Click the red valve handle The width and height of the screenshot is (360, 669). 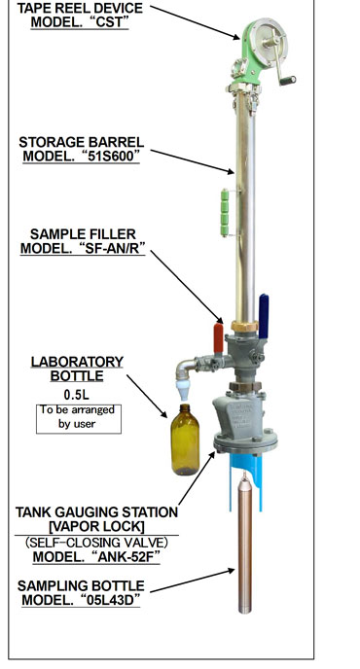point(218,338)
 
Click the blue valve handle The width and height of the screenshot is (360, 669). point(264,316)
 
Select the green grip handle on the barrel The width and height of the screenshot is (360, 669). point(224,213)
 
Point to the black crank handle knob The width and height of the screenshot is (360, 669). point(288,80)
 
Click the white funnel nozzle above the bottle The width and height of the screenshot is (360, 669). point(183,391)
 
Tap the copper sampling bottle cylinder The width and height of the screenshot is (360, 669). point(244,544)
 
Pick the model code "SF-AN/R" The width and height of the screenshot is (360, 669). point(112,248)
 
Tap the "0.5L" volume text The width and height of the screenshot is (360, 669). point(77,395)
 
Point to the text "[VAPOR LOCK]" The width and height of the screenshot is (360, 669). point(96,526)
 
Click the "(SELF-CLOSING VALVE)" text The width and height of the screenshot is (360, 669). point(96,543)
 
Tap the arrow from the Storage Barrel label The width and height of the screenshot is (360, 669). point(193,161)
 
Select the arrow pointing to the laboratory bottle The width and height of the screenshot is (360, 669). point(147,397)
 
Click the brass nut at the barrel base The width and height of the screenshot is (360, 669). point(244,327)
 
